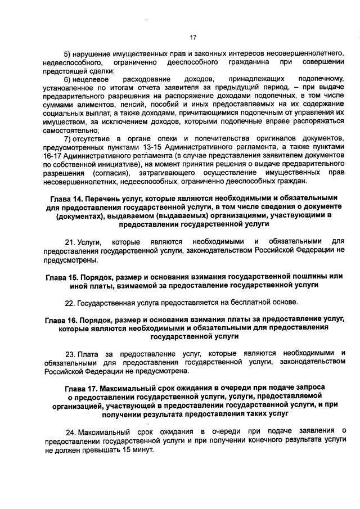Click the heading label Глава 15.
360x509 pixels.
click(x=62, y=277)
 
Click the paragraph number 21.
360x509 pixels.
click(x=70, y=241)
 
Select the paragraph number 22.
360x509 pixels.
click(x=70, y=303)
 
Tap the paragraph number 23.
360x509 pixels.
click(x=71, y=354)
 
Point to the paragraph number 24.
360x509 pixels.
click(x=71, y=431)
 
